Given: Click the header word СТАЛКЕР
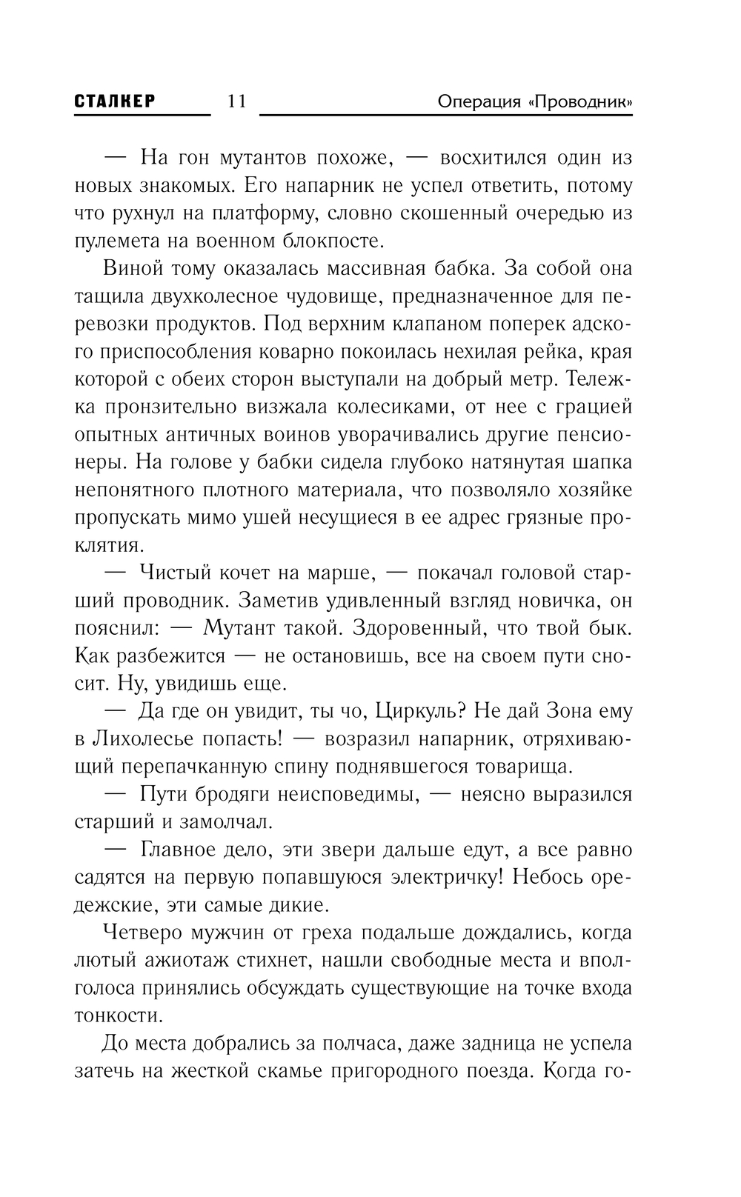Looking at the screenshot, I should coord(116,101).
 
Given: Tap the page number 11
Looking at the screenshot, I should coord(236,101).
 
